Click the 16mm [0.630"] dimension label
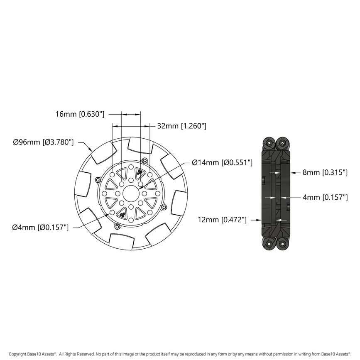(x=80, y=114)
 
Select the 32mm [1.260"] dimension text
(x=181, y=126)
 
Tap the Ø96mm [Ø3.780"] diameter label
(x=43, y=142)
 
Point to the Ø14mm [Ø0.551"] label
(x=222, y=163)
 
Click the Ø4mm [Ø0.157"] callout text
(x=40, y=227)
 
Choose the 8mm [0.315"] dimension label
(x=324, y=172)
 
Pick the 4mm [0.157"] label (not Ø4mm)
(x=324, y=198)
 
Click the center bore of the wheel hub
(x=131, y=193)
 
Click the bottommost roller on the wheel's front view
(x=121, y=241)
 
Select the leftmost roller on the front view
(x=82, y=184)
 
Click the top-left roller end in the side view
(x=269, y=143)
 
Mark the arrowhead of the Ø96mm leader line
(x=92, y=150)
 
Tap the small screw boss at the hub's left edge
(x=98, y=179)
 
